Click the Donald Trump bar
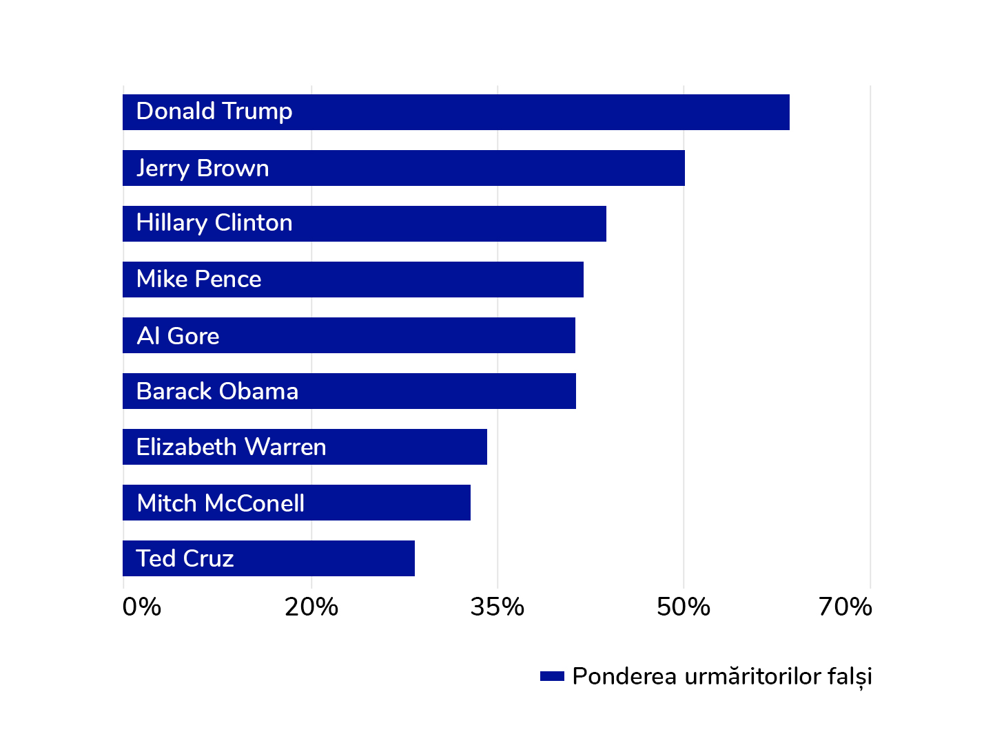pyautogui.click(x=455, y=112)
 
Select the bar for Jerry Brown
pyautogui.click(x=403, y=168)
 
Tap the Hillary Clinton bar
pyautogui.click(x=364, y=224)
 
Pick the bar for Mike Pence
pyautogui.click(x=353, y=280)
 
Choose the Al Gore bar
pyautogui.click(x=349, y=335)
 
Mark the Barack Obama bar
pyautogui.click(x=349, y=391)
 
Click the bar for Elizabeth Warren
pyautogui.click(x=305, y=447)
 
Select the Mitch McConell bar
pyautogui.click(x=296, y=503)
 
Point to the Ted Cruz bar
pyautogui.click(x=268, y=558)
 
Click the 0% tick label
pyautogui.click(x=142, y=607)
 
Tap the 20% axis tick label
pyautogui.click(x=311, y=607)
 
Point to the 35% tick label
pyautogui.click(x=497, y=607)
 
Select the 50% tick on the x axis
pyautogui.click(x=684, y=607)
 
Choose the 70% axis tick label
pyautogui.click(x=845, y=607)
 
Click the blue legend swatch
pyautogui.click(x=552, y=676)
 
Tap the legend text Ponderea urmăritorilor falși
pyautogui.click(x=722, y=676)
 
